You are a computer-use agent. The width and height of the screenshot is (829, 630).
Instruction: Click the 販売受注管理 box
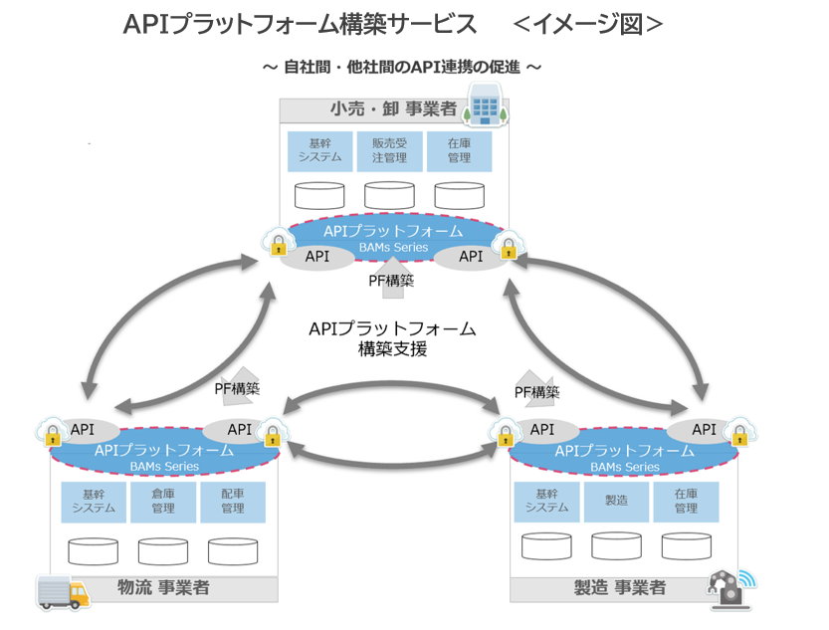[x=389, y=150]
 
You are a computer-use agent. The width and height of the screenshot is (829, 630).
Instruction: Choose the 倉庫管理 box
[x=163, y=502]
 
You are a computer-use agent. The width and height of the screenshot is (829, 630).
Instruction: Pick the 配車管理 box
[x=233, y=502]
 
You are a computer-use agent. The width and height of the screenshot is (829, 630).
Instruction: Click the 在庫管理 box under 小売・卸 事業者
[x=459, y=150]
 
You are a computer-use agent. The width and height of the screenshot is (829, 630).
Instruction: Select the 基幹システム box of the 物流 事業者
[x=94, y=502]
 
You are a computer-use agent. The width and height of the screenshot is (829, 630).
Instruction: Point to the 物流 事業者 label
[x=163, y=588]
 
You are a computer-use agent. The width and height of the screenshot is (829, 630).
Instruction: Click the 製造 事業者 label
[x=620, y=588]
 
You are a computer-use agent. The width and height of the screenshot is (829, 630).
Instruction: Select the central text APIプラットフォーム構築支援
[x=392, y=338]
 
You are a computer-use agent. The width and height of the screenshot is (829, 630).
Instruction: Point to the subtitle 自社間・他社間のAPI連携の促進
[x=402, y=67]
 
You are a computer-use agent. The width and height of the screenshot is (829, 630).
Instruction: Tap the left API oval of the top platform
[x=317, y=256]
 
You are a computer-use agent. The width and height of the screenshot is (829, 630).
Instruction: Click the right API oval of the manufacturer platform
[x=704, y=430]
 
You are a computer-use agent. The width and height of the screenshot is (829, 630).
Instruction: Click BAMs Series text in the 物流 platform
[x=164, y=466]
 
